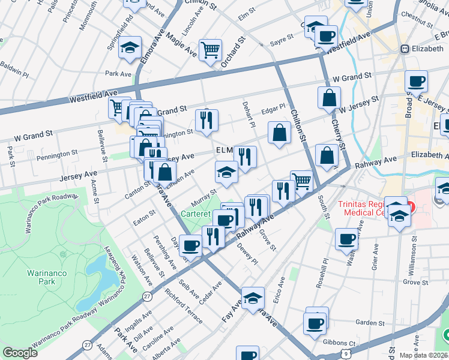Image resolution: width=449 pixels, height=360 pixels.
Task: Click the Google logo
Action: point(20,353)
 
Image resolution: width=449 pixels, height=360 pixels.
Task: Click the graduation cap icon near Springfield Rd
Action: point(129,47)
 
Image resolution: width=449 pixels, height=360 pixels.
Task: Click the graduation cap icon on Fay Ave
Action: point(253,298)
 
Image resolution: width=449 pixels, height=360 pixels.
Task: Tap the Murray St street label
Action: point(203,196)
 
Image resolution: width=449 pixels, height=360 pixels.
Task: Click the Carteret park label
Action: point(197,213)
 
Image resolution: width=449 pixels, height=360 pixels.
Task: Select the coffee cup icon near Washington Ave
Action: point(347,239)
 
